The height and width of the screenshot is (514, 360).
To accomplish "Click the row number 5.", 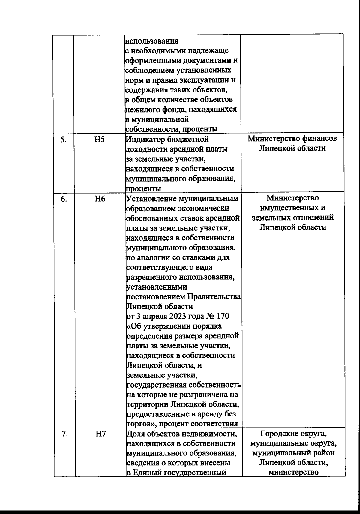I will [63, 140].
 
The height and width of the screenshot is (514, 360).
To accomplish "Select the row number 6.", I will [63, 199].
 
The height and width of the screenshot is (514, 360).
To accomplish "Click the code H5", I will [99, 140].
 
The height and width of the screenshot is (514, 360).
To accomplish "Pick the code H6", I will [99, 199].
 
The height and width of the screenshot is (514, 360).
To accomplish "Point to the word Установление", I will [150, 199].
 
